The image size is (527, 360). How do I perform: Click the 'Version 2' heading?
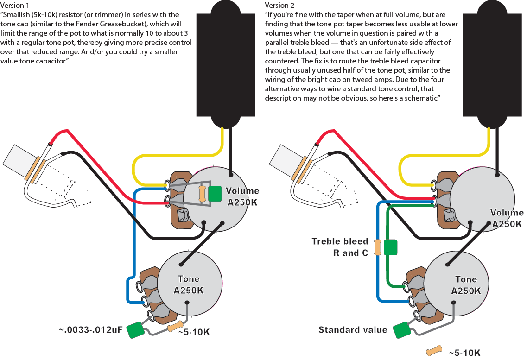pos(279,5)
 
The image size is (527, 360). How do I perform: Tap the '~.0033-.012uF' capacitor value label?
pos(91,330)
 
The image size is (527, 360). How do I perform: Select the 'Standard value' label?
pos(352,330)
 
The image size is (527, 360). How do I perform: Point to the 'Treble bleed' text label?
pos(340,241)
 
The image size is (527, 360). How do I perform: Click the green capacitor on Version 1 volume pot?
pos(215,194)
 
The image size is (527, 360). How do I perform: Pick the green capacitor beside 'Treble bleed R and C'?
pos(391,247)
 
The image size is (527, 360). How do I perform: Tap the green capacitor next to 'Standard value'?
pos(401,330)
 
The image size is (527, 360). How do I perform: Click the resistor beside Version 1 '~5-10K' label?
pos(176,327)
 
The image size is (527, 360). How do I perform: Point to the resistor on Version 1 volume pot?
pos(202,194)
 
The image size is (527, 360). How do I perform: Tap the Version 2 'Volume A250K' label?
pos(507,218)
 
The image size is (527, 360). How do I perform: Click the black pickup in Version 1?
pos(227,65)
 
